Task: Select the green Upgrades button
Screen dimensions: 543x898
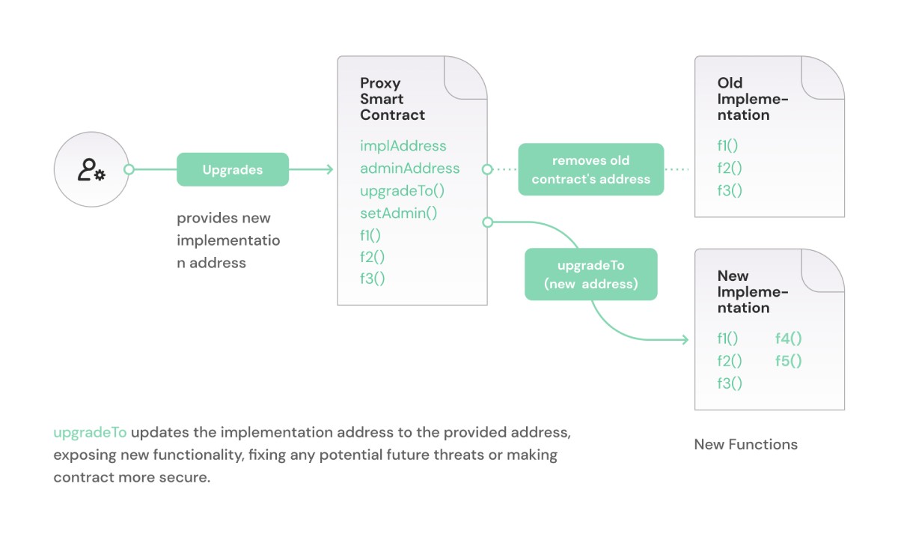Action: pos(233,169)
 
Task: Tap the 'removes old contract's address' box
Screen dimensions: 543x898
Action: pos(590,169)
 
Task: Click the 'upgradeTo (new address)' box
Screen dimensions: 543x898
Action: pos(590,274)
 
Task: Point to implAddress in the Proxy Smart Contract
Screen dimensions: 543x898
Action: pos(403,146)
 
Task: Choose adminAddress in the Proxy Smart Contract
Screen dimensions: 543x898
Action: pos(409,169)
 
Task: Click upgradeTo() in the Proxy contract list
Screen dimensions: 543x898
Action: pos(402,190)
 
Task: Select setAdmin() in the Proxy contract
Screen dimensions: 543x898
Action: pos(398,213)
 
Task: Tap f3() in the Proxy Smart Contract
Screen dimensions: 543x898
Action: pos(372,279)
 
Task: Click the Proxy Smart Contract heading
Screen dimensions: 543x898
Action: pos(392,99)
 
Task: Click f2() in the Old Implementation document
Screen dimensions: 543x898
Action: pos(729,169)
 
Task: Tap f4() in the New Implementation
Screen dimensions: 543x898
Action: pos(788,339)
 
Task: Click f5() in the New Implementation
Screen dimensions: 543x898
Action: pos(788,361)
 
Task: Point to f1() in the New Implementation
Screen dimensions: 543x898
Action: pos(727,339)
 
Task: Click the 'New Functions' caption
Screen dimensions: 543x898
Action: pos(745,444)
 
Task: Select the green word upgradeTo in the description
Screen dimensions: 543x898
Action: pos(90,433)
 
